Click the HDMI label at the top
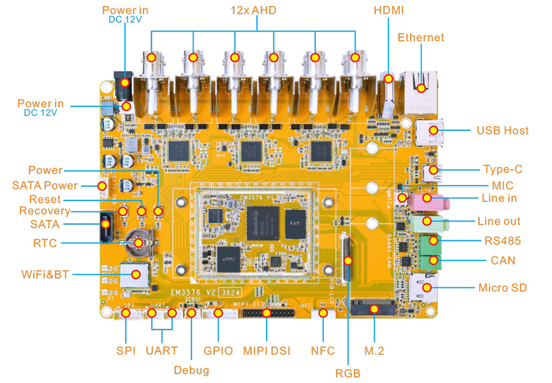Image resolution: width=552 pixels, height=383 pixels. click(x=389, y=11)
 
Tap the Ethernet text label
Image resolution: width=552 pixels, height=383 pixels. click(x=421, y=38)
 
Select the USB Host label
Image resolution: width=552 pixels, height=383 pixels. click(x=502, y=130)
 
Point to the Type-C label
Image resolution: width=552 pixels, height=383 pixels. click(x=502, y=170)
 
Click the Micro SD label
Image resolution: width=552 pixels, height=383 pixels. click(x=502, y=287)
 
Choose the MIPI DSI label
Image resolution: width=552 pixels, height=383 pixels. click(x=267, y=350)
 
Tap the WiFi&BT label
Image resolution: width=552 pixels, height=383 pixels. click(x=45, y=274)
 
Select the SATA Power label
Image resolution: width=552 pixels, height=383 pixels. click(x=45, y=185)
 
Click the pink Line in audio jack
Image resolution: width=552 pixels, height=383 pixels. click(x=433, y=199)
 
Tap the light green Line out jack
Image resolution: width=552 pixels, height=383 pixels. click(x=434, y=222)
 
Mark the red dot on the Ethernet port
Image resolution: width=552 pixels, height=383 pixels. click(x=421, y=87)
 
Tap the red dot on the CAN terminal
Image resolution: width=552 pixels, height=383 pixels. click(x=434, y=260)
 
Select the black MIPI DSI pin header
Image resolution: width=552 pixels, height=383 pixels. click(x=267, y=313)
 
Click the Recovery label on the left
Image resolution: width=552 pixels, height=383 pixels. click(x=45, y=211)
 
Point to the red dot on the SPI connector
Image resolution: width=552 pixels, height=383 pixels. click(x=126, y=313)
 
